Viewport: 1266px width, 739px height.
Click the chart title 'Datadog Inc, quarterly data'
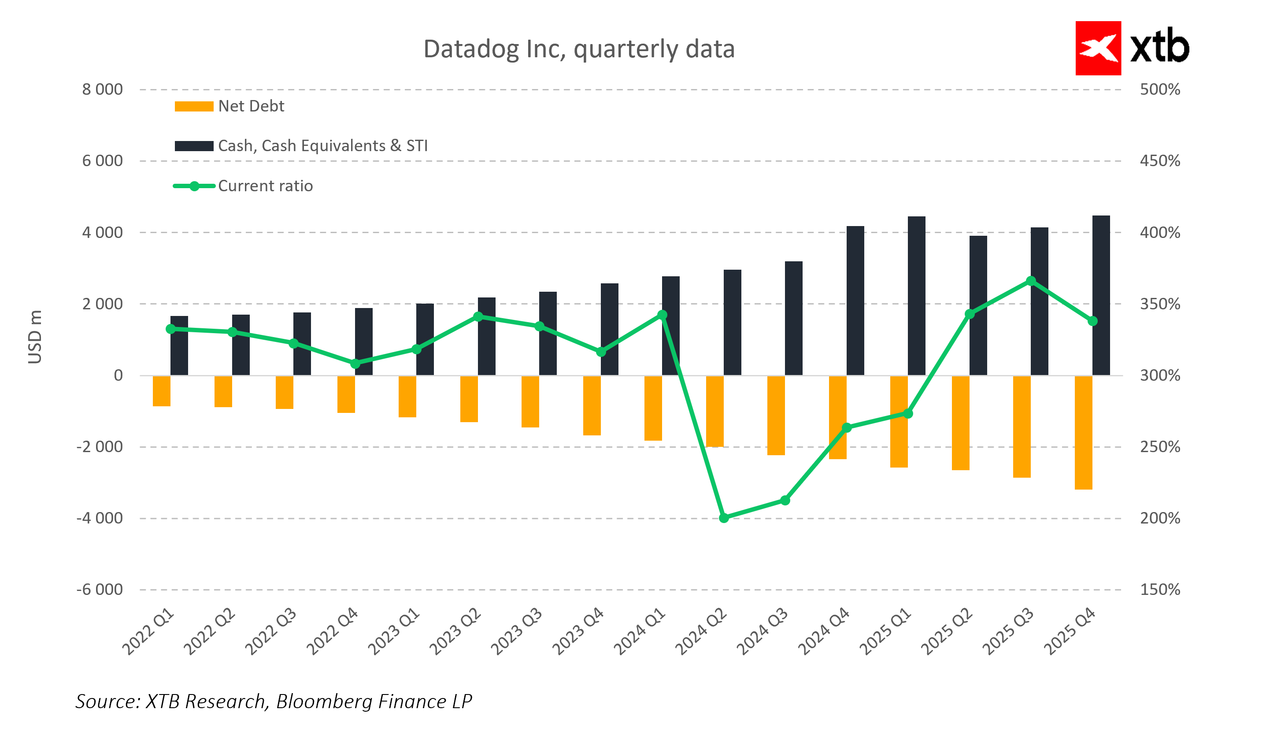click(x=579, y=49)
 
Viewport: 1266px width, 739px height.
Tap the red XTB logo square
click(x=1098, y=48)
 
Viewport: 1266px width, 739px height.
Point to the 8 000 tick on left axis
click(x=103, y=89)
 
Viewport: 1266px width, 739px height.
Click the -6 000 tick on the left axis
click(x=100, y=589)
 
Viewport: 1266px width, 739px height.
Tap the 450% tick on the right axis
click(x=1159, y=161)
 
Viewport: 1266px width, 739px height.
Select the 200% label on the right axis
click(x=1159, y=518)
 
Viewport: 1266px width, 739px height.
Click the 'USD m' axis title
click(x=35, y=337)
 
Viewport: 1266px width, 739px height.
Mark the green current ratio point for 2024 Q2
click(x=724, y=518)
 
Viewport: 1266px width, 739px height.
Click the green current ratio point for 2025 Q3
click(x=1031, y=281)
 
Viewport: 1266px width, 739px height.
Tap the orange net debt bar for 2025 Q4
click(x=1083, y=432)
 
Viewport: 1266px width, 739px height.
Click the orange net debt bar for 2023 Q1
click(x=407, y=397)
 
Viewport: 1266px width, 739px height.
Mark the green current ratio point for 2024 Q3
click(x=785, y=500)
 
